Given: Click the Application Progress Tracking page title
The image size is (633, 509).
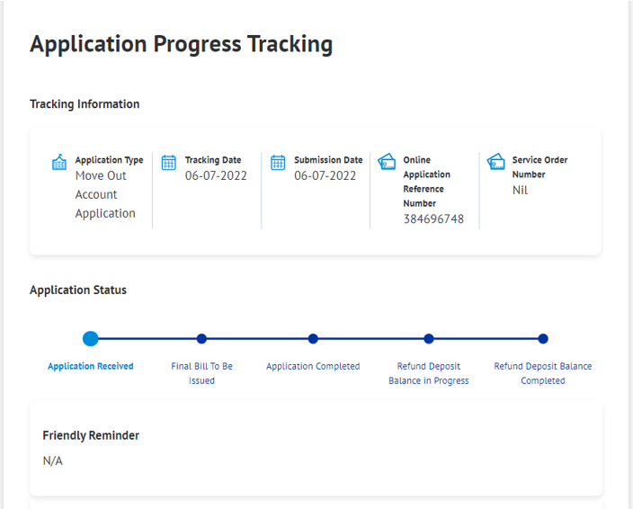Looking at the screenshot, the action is [182, 44].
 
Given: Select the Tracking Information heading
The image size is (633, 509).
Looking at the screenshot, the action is [85, 104].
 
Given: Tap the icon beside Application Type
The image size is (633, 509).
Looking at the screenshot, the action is [59, 162].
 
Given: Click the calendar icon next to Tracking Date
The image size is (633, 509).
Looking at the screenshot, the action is [169, 163].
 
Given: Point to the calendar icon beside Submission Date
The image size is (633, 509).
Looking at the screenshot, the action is [278, 163].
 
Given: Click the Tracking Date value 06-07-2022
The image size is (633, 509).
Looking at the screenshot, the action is [216, 175].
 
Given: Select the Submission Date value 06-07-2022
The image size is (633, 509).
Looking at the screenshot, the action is [325, 175].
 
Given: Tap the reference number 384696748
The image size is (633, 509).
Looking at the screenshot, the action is [433, 219].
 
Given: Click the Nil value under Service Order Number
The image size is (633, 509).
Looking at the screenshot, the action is [520, 190].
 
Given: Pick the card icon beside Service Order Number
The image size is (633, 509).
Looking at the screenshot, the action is [495, 162].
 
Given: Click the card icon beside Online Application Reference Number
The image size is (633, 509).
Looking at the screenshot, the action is [387, 162].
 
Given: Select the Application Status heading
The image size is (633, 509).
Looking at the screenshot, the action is [78, 290].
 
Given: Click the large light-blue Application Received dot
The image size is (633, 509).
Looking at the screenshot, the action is [91, 339].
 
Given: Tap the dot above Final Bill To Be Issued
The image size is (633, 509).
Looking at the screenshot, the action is [201, 339].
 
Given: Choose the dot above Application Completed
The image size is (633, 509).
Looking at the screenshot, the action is [313, 339].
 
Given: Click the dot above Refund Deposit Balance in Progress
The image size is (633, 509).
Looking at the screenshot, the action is [429, 339].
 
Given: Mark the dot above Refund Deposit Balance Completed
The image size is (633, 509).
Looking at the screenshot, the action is [543, 339].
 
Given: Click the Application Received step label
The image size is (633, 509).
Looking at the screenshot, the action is [91, 366].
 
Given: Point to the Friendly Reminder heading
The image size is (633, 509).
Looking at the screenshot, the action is [91, 435].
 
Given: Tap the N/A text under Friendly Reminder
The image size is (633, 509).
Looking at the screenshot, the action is [53, 460].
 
